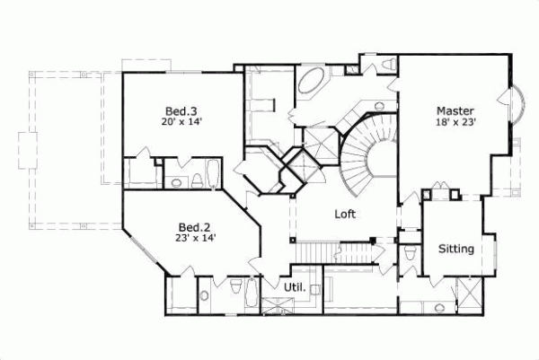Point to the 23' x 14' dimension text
(195, 238)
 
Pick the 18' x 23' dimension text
(455, 122)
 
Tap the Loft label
(347, 215)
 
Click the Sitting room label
(455, 249)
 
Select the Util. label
(296, 288)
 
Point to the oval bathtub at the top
(314, 82)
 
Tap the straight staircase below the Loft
(336, 252)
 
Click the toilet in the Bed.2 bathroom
(235, 288)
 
